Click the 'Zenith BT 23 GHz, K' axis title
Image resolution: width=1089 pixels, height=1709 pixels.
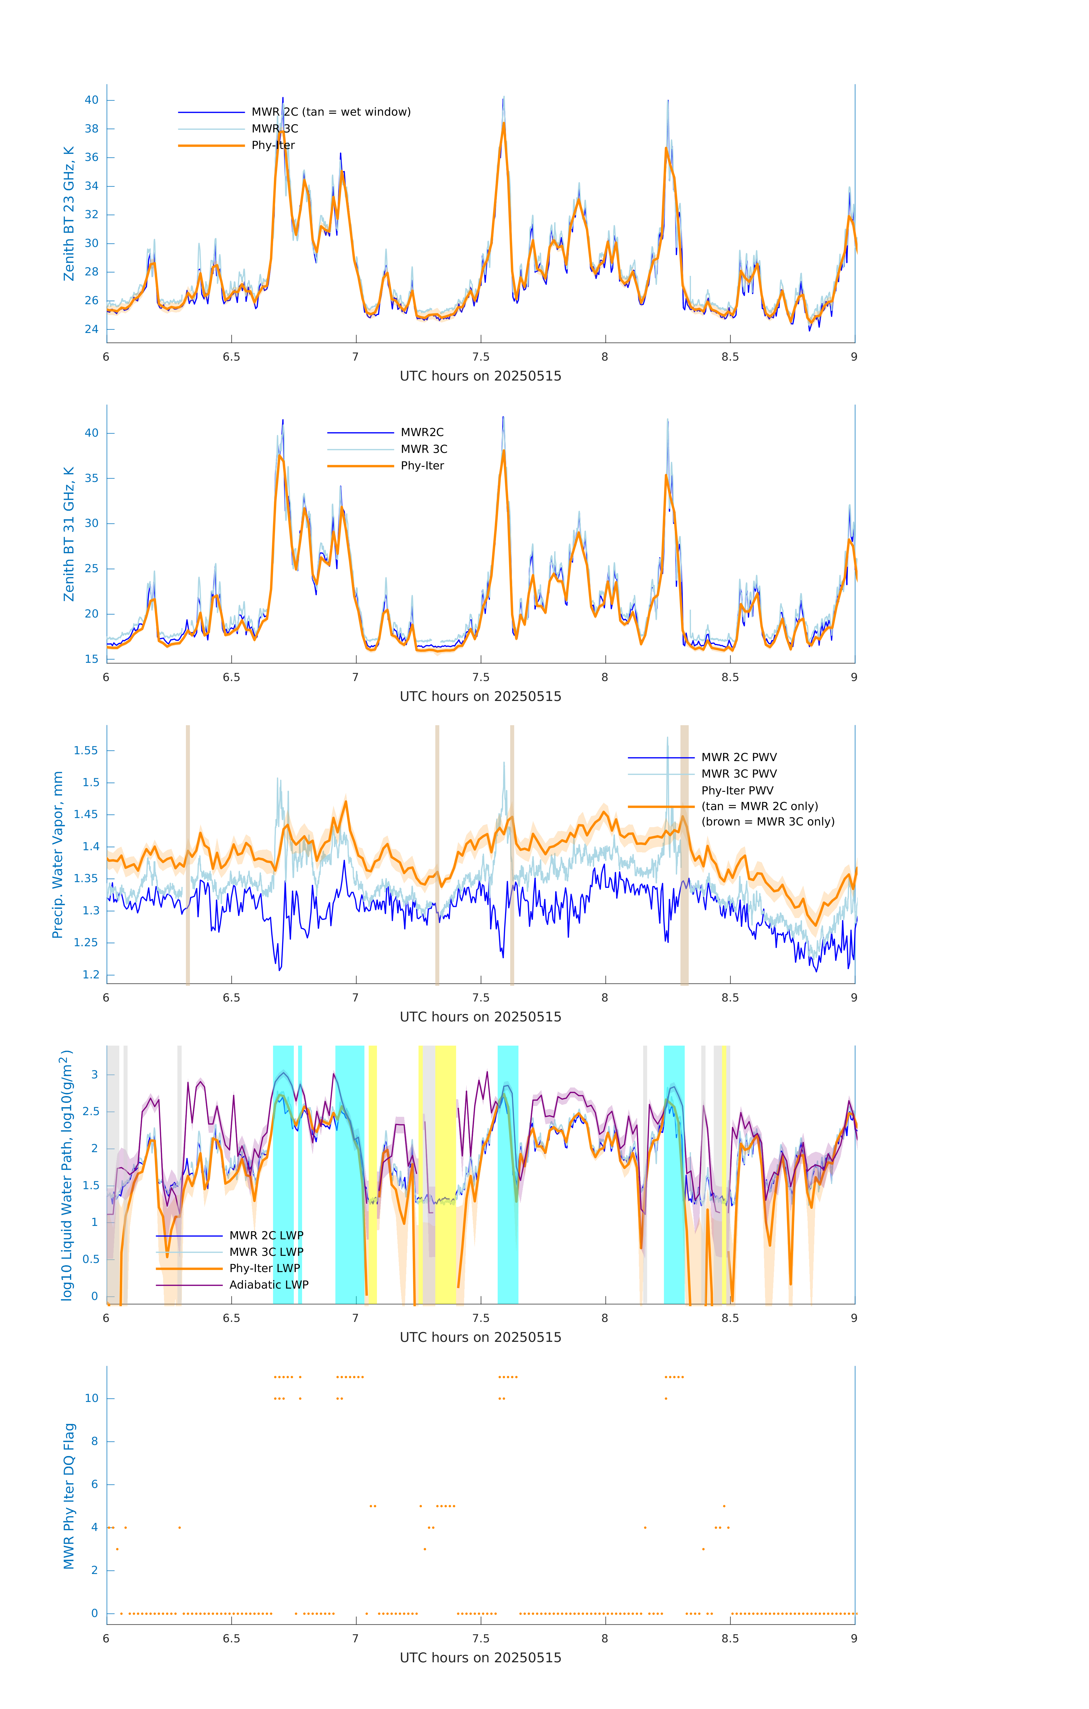point(69,214)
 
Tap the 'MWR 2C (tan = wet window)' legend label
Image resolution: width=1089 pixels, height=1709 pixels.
point(331,112)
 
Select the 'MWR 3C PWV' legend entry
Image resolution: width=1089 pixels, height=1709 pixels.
point(739,774)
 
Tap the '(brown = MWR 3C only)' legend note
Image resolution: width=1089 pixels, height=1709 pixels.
point(768,822)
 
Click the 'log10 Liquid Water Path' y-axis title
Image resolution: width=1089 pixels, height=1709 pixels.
point(67,1175)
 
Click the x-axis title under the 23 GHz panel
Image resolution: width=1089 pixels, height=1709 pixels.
point(480,376)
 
